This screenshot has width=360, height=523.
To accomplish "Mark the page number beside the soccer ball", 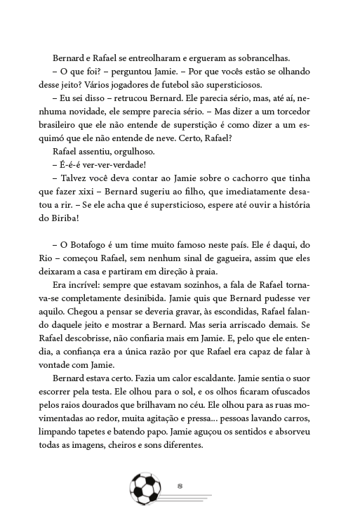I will point(180,485).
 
